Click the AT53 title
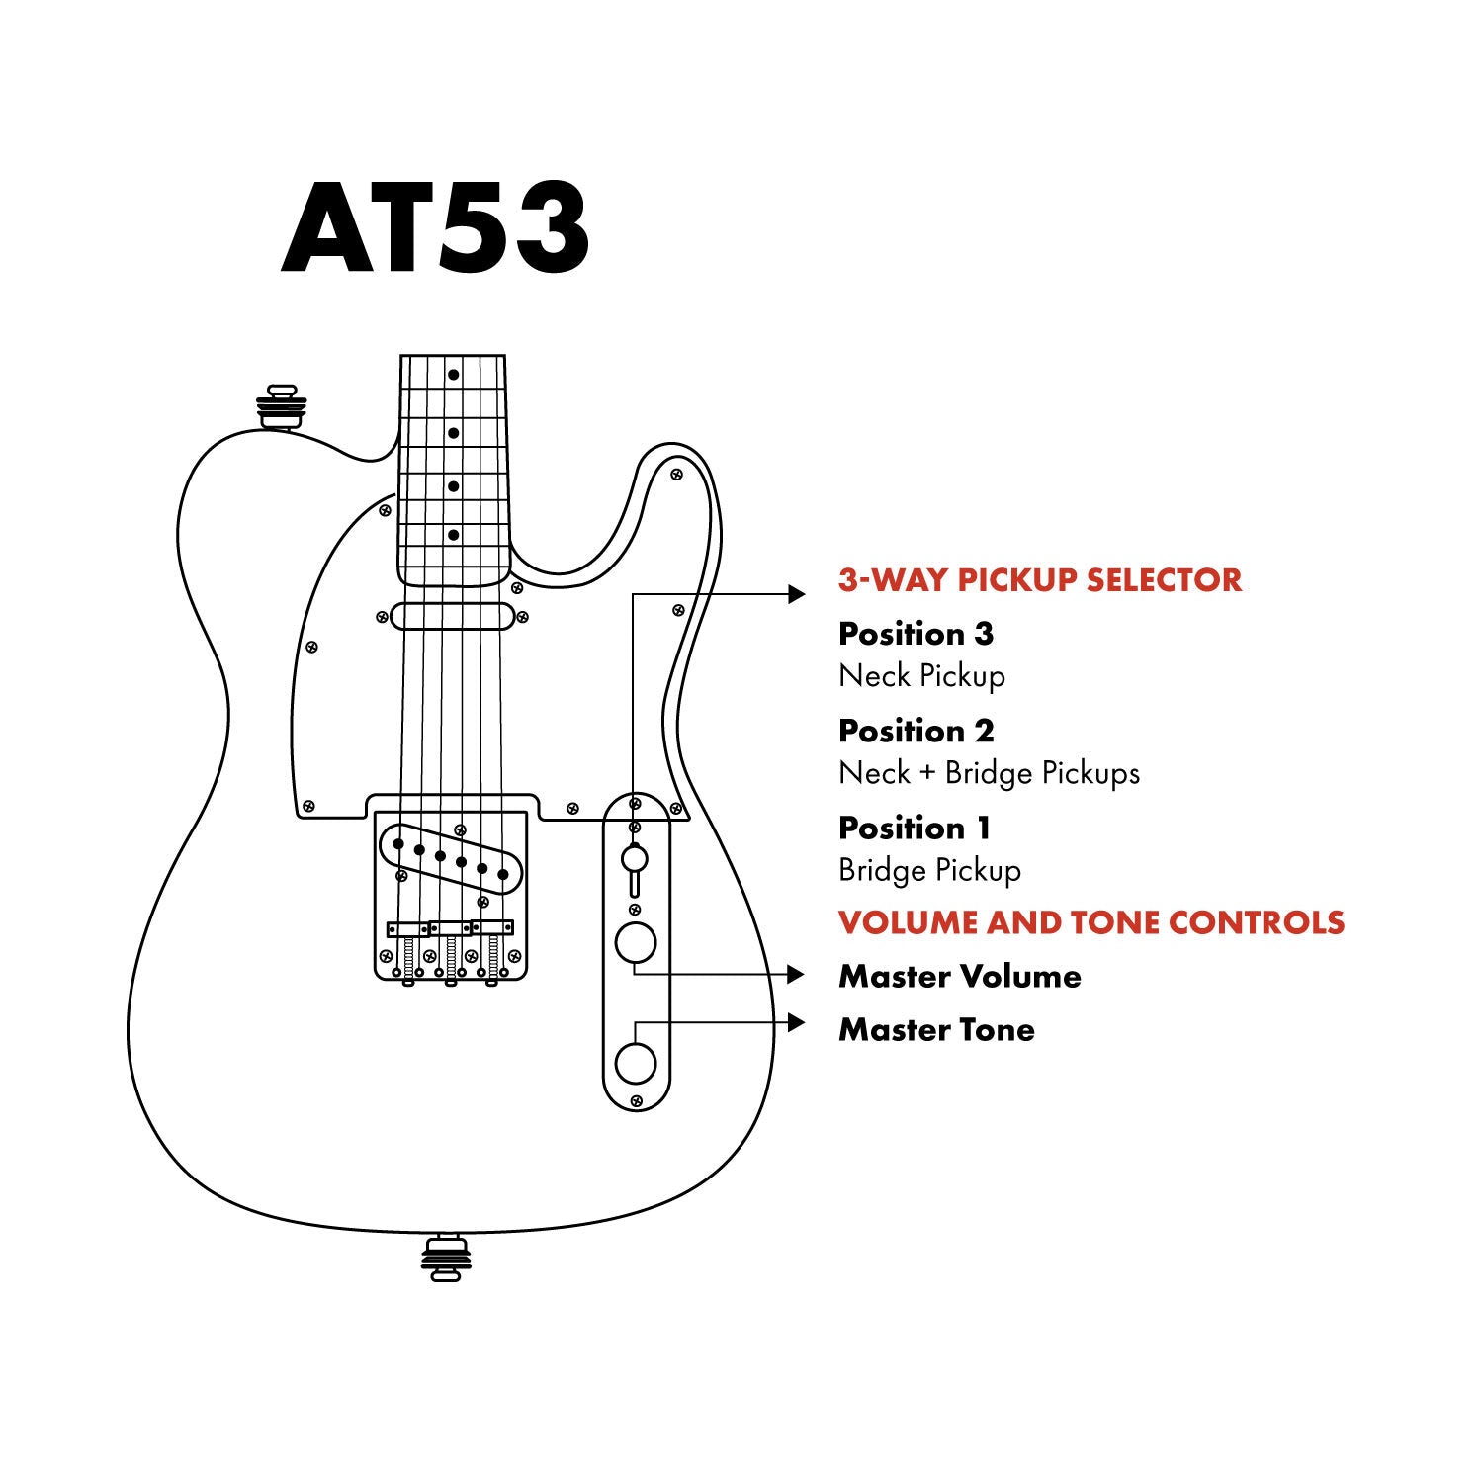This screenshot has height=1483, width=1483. point(435,229)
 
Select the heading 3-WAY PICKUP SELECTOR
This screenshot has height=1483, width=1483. point(1039,580)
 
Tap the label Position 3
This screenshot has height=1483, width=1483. point(916,634)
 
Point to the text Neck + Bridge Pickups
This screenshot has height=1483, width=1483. point(989,773)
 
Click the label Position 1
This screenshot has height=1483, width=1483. point(914,828)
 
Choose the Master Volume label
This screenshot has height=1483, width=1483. point(959,977)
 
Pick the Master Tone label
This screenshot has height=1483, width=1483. point(936,1030)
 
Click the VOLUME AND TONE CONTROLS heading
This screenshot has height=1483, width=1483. point(1091,922)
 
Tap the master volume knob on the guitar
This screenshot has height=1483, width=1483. point(636,943)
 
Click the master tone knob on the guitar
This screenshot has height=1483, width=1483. point(636,1064)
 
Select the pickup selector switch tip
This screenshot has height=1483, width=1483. point(635,857)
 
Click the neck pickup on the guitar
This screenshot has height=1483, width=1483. point(452,617)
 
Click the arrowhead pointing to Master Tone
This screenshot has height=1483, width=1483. point(797,1022)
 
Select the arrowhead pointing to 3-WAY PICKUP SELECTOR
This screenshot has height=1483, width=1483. point(797,593)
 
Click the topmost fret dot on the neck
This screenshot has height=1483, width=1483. point(453,375)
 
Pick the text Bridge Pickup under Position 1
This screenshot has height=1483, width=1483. point(929,870)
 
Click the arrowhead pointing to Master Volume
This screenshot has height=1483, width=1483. point(797,975)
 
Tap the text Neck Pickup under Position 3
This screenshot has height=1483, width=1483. point(921,676)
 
